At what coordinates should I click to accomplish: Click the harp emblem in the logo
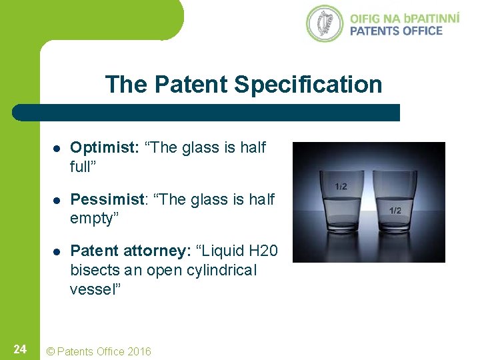(x=324, y=23)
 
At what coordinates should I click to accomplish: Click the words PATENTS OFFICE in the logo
(x=396, y=31)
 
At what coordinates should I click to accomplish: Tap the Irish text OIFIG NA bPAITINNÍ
(x=404, y=17)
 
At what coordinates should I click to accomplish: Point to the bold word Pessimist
(x=106, y=199)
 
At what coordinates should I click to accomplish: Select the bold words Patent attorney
(x=128, y=251)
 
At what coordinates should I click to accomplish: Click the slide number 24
(x=20, y=349)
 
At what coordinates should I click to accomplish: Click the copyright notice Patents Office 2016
(x=97, y=351)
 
